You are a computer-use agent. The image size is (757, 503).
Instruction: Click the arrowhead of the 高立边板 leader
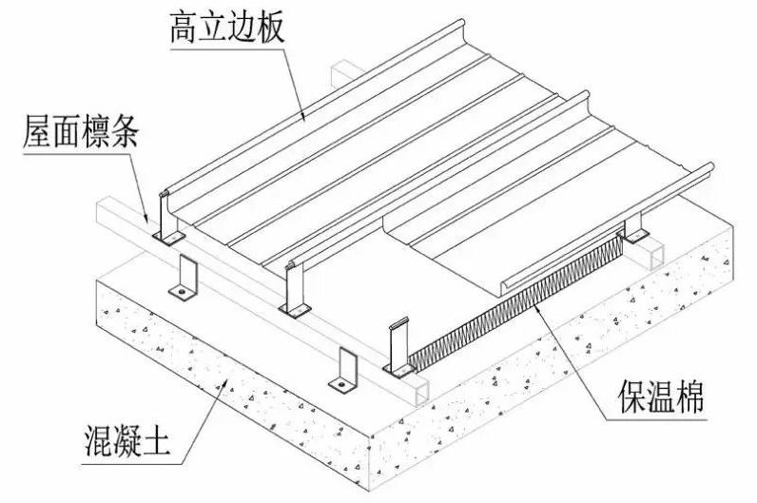[x=303, y=116]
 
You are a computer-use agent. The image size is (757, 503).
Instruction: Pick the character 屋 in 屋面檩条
[x=36, y=133]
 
